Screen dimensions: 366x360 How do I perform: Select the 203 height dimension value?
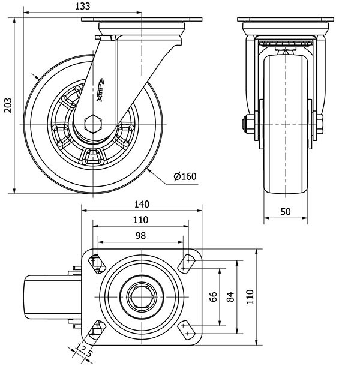[x=7, y=106]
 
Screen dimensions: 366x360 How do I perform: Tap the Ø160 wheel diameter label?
[x=185, y=176]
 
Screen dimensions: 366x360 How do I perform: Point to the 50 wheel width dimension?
[x=285, y=212]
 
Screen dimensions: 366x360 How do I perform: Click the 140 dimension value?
[x=141, y=204]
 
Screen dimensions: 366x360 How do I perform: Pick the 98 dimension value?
[x=141, y=236]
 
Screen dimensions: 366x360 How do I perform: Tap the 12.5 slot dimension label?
[x=83, y=352]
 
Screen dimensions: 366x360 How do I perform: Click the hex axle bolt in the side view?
[x=93, y=124]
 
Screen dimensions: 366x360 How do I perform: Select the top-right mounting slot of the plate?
[x=188, y=262]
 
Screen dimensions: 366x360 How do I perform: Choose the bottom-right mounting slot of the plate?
[x=188, y=328]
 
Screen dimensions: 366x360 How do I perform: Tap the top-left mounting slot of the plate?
[x=96, y=262]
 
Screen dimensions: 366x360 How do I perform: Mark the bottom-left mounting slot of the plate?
[x=96, y=328]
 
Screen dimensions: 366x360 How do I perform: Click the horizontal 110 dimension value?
[x=141, y=220]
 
